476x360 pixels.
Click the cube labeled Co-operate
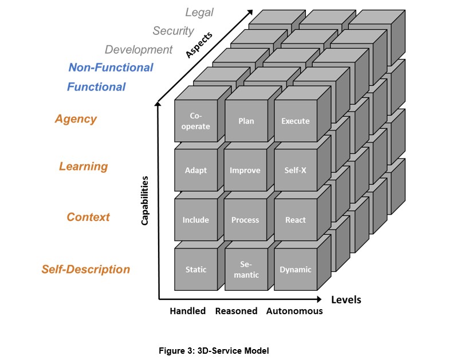tap(196, 121)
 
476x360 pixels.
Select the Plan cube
tap(246, 121)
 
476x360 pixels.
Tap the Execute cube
tap(296, 121)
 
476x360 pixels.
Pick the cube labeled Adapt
tap(196, 170)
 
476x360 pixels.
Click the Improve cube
tap(245, 170)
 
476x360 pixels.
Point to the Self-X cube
tap(296, 170)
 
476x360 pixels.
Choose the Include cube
tap(196, 220)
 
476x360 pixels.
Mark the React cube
tap(296, 220)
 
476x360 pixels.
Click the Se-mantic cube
tap(246, 270)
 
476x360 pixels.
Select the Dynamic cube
tap(296, 270)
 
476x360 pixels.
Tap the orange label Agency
tap(76, 119)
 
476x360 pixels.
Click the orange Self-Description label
tap(86, 270)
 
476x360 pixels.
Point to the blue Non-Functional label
tap(111, 68)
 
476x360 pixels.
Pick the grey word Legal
tap(199, 13)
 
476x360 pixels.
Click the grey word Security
tap(173, 31)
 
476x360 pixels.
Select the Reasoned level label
tap(236, 311)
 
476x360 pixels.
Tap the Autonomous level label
tap(294, 311)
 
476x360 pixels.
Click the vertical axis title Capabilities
tap(145, 200)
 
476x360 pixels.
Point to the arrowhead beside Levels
tap(319, 299)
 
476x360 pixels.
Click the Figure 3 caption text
tap(214, 351)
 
